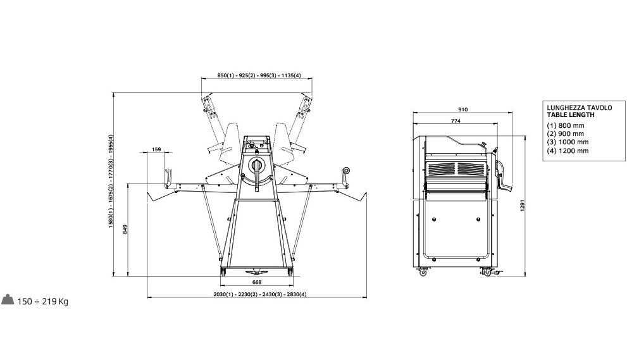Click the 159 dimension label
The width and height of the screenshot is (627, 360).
(x=156, y=149)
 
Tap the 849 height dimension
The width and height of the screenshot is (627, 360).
(x=125, y=229)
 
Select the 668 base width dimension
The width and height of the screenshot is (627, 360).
(x=257, y=282)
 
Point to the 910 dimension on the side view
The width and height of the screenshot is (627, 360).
(x=462, y=109)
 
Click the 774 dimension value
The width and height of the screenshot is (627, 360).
(x=456, y=121)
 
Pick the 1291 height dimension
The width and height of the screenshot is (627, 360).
(x=522, y=205)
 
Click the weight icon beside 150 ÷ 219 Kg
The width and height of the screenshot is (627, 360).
(x=8, y=300)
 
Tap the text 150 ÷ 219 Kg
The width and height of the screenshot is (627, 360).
(x=43, y=302)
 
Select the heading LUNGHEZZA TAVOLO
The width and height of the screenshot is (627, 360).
(x=580, y=108)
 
